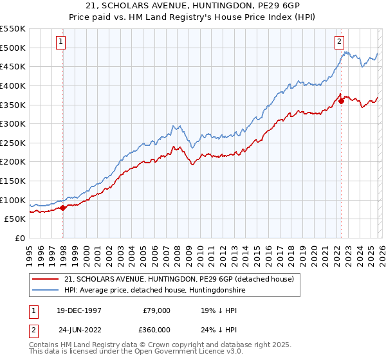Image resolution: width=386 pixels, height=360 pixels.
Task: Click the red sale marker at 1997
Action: pyautogui.click(x=63, y=208)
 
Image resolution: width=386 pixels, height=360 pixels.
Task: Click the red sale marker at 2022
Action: pyautogui.click(x=341, y=100)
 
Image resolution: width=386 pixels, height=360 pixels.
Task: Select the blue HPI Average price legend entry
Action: pyautogui.click(x=154, y=291)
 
